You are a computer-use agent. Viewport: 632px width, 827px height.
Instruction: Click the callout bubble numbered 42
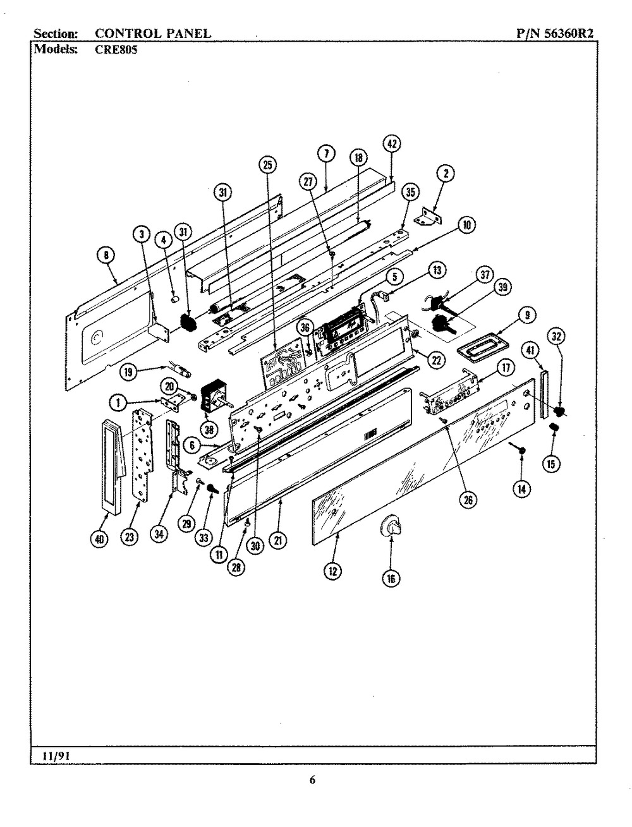click(392, 144)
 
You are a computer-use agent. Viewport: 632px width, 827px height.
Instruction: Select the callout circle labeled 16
click(391, 577)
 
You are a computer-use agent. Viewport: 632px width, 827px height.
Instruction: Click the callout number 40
click(101, 538)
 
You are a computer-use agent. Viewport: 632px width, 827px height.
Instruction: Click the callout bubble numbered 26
click(468, 500)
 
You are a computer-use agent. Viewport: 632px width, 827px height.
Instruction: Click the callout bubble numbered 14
click(521, 488)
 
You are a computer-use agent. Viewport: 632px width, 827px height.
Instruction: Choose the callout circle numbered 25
click(268, 165)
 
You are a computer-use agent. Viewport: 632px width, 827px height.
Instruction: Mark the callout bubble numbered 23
click(130, 538)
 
